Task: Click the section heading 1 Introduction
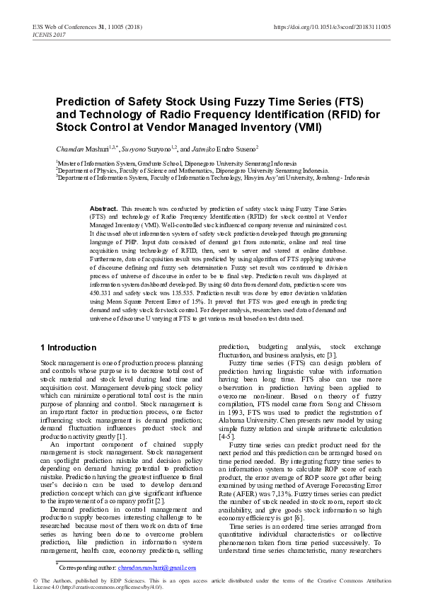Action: pyautogui.click(x=67, y=348)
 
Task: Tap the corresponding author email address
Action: pyautogui.click(x=156, y=567)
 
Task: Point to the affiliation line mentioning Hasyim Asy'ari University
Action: pyautogui.click(x=212, y=178)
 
